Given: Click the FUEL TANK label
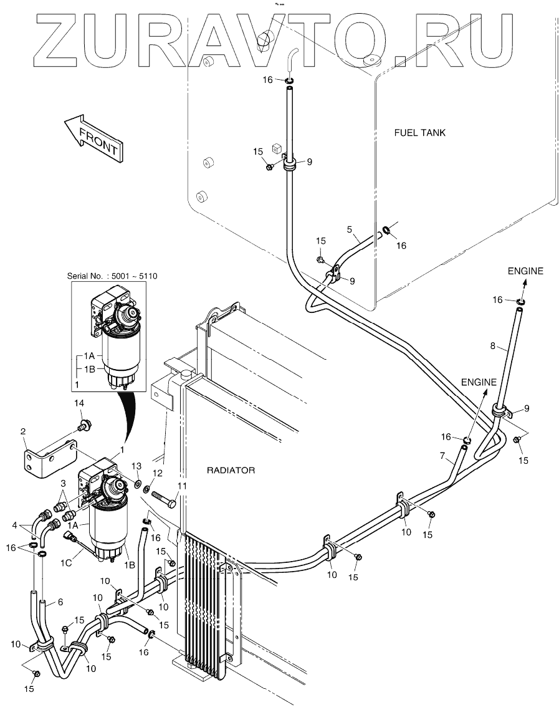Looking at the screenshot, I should [420, 133].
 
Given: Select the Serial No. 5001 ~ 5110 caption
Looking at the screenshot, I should [110, 275].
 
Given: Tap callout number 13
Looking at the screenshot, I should [138, 467].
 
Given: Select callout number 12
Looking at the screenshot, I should [158, 473].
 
